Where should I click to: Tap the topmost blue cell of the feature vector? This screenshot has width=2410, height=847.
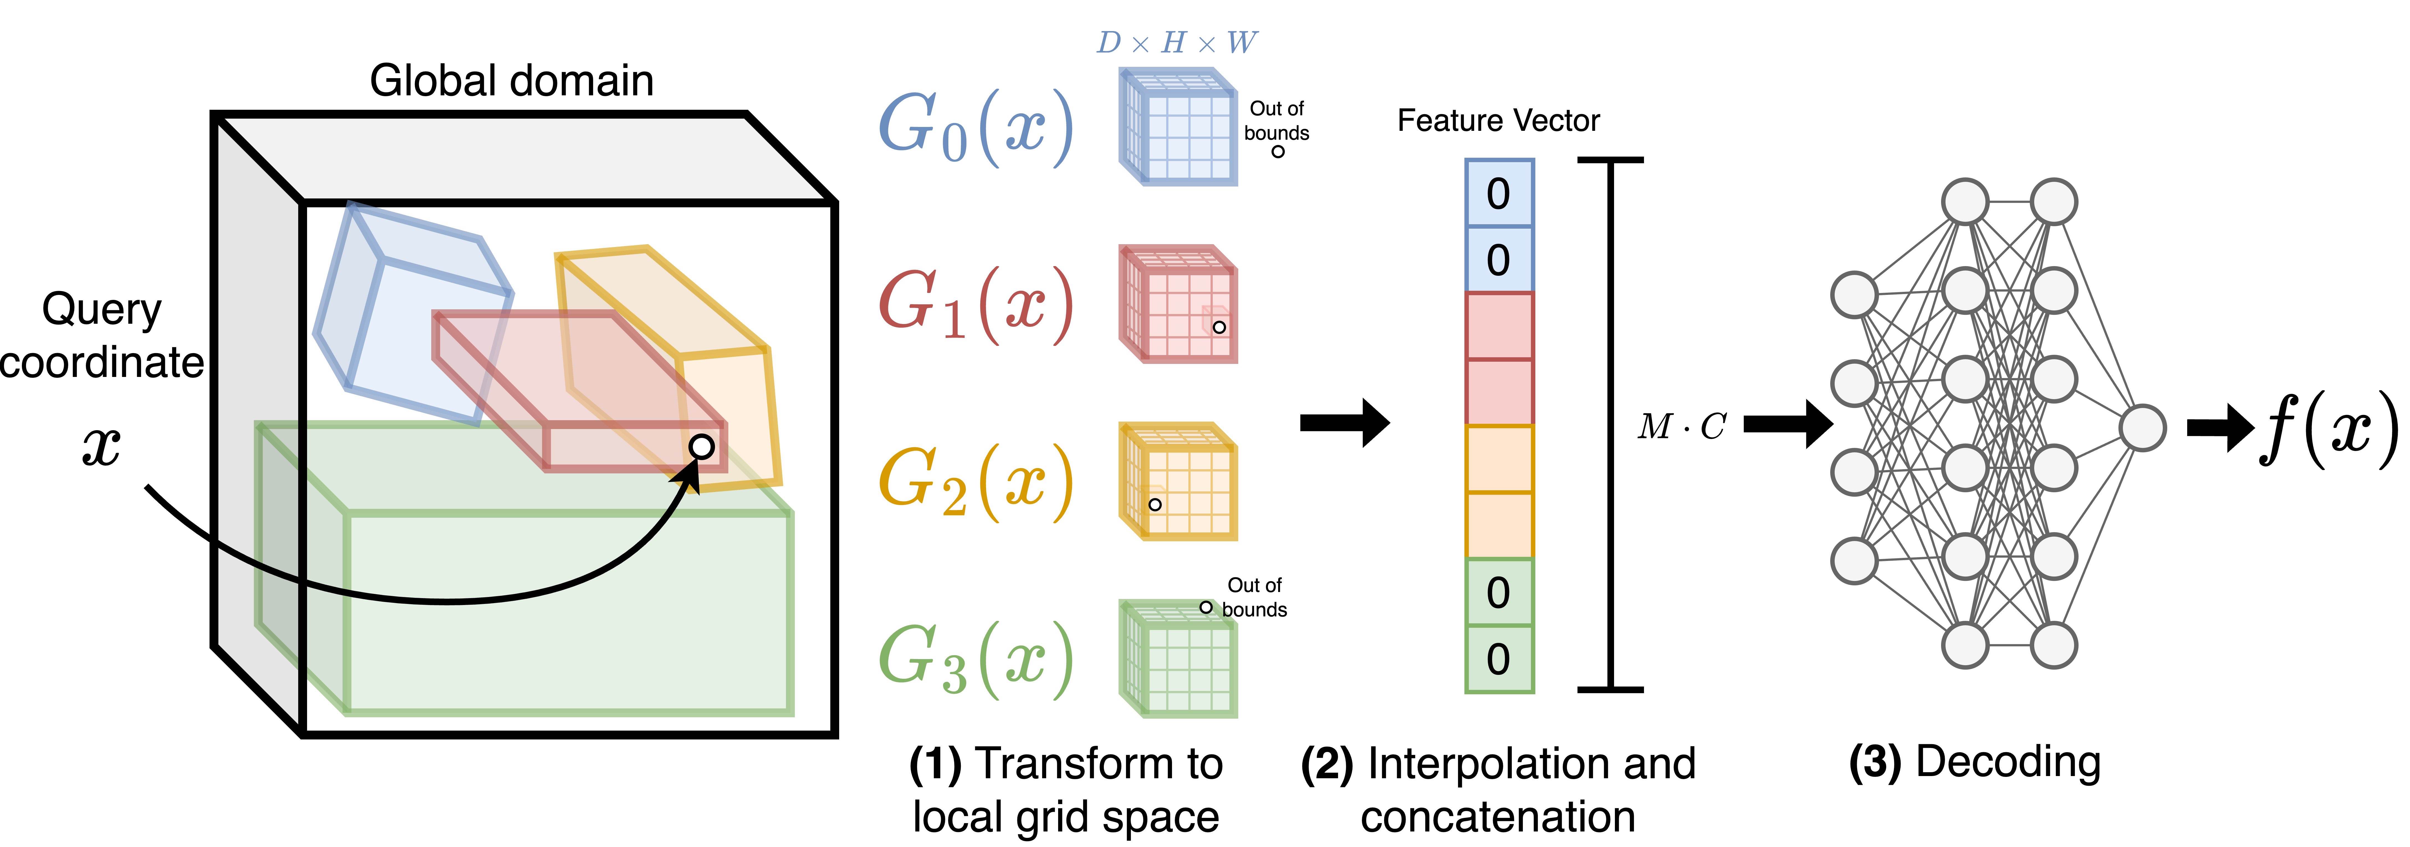point(1499,193)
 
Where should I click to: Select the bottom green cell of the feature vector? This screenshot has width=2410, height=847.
point(1499,659)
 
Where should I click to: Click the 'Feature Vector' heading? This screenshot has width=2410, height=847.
point(1498,121)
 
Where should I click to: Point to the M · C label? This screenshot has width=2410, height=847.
point(1681,427)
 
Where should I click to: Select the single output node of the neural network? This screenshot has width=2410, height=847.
point(2141,428)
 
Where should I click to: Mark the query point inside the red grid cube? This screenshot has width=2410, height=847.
point(1219,327)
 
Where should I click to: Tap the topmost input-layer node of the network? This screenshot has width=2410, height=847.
point(1853,295)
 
